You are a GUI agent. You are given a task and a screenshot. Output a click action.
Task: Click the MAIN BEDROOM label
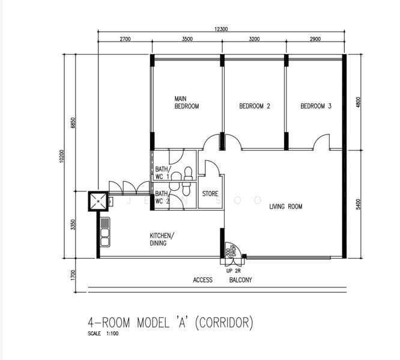click(186, 102)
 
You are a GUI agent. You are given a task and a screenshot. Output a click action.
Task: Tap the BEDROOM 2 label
click(255, 106)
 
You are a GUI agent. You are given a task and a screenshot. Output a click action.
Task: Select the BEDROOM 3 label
click(316, 106)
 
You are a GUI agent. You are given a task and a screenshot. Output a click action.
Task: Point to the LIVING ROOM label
click(285, 206)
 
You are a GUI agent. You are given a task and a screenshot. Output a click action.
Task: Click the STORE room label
click(210, 194)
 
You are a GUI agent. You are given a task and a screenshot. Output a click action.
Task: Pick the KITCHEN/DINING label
click(162, 239)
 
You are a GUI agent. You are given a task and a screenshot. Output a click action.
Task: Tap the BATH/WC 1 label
click(162, 173)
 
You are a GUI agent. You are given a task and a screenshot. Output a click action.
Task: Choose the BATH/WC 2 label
click(162, 197)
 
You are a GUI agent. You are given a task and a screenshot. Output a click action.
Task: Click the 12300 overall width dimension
click(219, 28)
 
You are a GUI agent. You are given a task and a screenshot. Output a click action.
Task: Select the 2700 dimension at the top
click(125, 39)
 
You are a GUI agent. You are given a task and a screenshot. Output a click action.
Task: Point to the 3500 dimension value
click(186, 39)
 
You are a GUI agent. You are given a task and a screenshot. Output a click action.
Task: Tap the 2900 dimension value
click(315, 39)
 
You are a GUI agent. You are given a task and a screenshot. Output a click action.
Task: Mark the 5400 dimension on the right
click(358, 204)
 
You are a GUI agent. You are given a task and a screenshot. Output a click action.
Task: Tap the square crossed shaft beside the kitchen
click(97, 200)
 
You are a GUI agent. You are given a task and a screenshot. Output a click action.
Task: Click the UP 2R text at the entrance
click(233, 271)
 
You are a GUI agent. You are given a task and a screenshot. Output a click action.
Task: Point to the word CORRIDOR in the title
click(222, 323)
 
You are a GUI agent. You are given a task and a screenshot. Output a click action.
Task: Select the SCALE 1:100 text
click(104, 334)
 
